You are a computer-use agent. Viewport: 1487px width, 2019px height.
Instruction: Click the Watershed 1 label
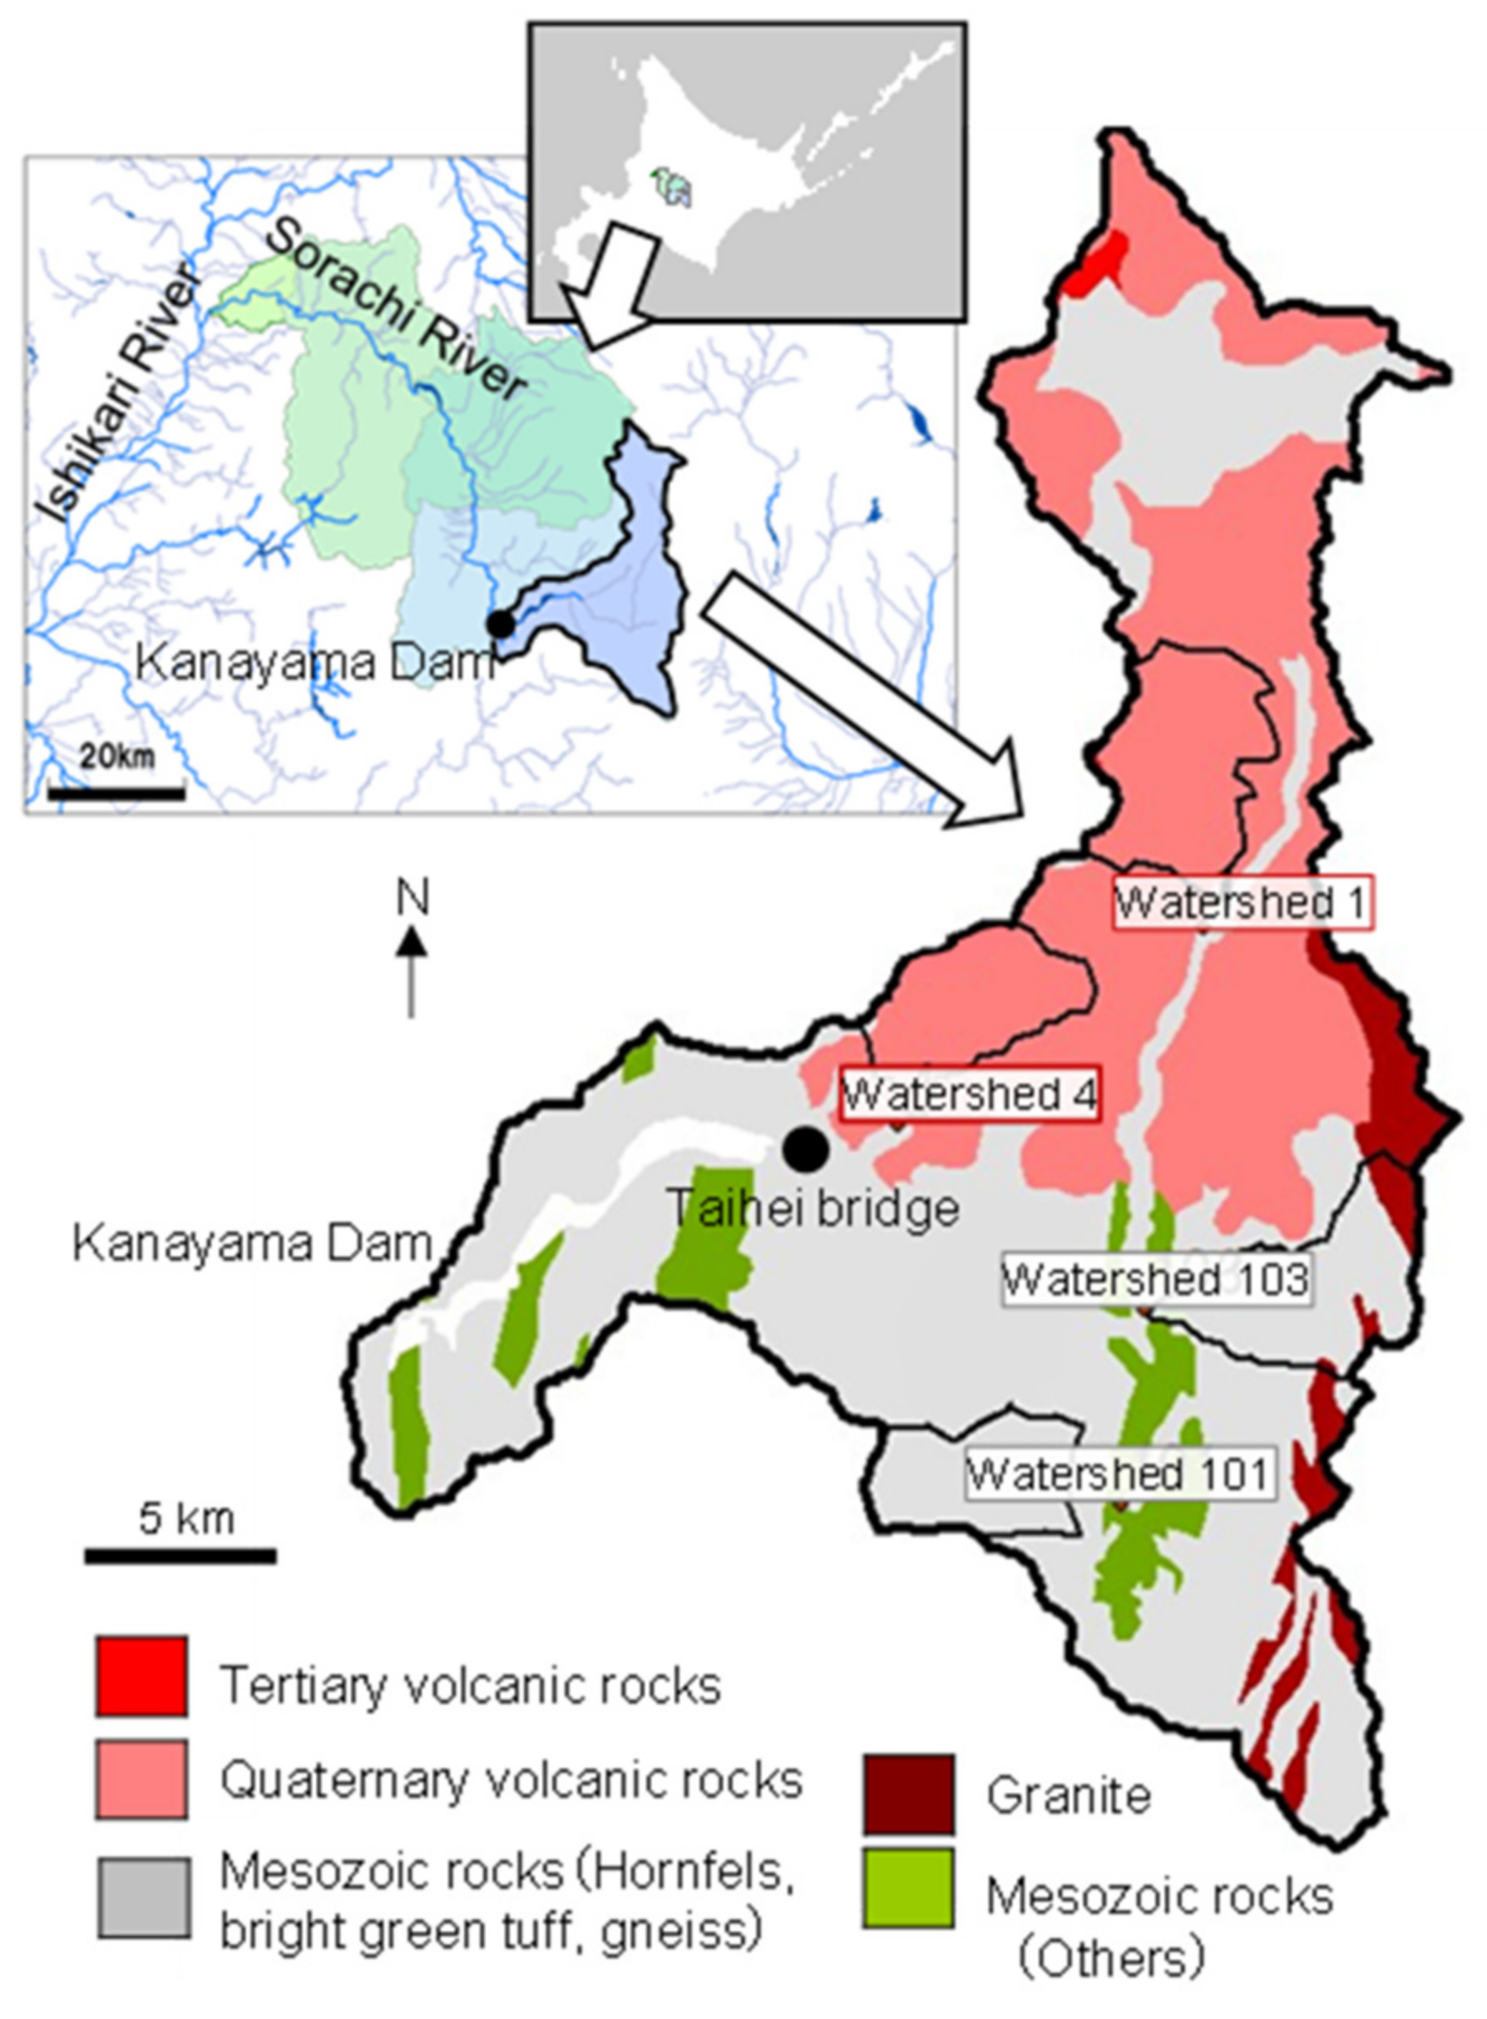pos(1243,902)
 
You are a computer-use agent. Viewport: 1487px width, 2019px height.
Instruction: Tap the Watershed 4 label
pos(969,1094)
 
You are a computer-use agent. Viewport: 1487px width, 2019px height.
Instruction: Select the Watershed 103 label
pos(1156,1278)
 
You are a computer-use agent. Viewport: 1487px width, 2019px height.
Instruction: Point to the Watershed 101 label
pos(1119,1474)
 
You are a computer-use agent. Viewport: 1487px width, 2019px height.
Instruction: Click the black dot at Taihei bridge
pos(805,1149)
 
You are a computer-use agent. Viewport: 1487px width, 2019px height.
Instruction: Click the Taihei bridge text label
pos(813,1208)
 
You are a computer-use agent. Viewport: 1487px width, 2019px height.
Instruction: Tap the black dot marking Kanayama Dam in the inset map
pos(501,623)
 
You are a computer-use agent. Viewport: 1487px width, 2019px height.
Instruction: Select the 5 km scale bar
pos(180,1556)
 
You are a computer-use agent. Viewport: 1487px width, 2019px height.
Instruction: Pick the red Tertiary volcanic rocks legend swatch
pos(142,1676)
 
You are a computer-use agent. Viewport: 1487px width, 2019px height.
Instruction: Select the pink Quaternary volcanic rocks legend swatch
pos(142,1780)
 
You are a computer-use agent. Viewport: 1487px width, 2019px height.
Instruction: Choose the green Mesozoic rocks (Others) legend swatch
pos(907,1888)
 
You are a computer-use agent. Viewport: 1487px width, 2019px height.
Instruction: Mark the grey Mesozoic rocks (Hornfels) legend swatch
pos(142,1898)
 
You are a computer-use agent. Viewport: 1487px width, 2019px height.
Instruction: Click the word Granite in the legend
pos(1069,1796)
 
